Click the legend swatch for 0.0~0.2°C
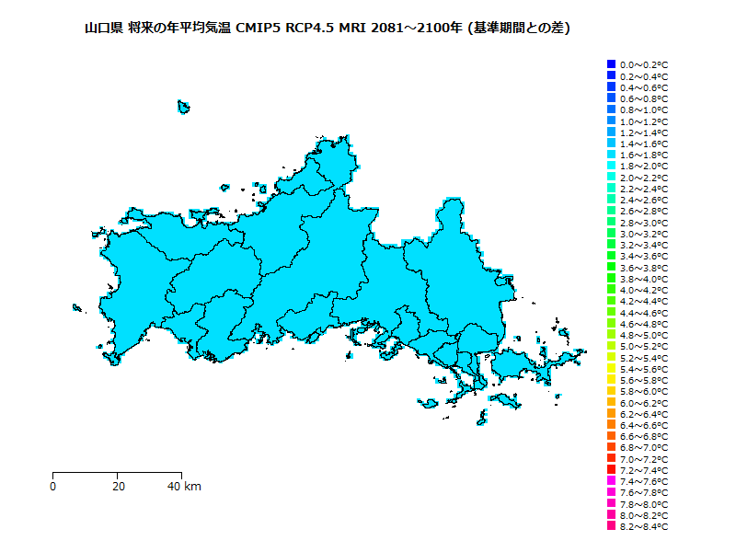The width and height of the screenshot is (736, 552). tap(611, 64)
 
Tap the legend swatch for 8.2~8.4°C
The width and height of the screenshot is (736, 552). tap(611, 526)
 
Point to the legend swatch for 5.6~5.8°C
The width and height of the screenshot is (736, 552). tap(611, 380)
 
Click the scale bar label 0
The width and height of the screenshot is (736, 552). tap(53, 486)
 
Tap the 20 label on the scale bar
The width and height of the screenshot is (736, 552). tap(119, 486)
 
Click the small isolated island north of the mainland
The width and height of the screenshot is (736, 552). tap(183, 107)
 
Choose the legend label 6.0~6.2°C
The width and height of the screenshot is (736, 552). tap(644, 403)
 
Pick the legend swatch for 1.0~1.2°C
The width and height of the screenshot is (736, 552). tap(611, 121)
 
